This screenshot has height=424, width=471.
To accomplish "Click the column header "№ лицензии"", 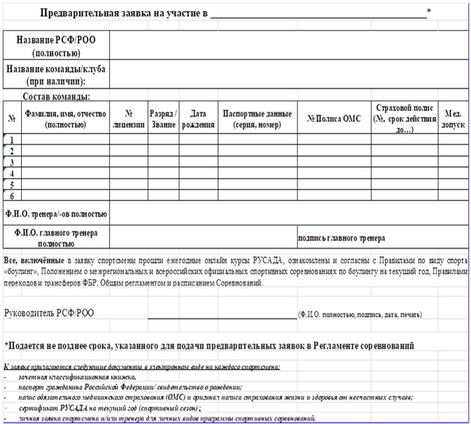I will click(129, 118).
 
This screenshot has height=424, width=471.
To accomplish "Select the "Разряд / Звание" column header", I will click(163, 118).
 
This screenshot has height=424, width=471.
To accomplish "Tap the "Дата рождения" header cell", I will click(198, 118).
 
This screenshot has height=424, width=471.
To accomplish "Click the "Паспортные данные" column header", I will click(257, 118).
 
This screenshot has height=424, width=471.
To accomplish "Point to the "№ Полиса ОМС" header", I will click(334, 118).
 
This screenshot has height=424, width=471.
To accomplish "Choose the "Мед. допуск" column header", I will click(453, 118).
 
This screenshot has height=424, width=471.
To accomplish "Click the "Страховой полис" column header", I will click(404, 118).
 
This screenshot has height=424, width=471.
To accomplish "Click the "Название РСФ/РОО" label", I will click(56, 46).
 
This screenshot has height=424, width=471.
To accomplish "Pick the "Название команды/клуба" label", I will click(56, 75).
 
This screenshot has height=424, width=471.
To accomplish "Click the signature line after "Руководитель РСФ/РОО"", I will click(222, 317).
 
